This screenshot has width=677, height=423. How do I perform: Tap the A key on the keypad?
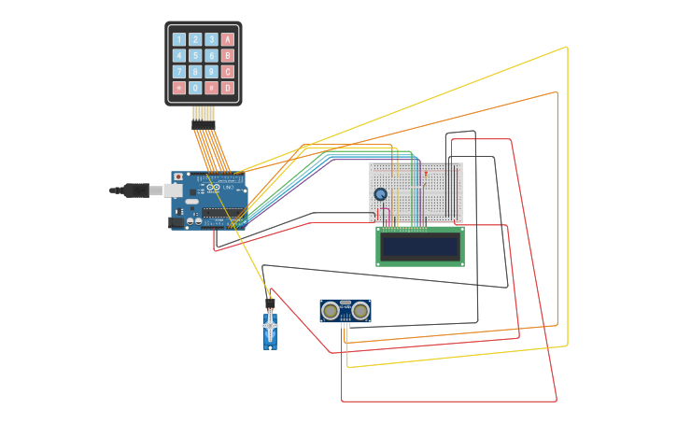coord(228,39)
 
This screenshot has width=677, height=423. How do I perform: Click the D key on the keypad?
coord(228,88)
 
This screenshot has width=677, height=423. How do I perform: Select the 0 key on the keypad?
coord(195,88)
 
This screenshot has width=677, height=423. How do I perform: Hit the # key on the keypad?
coord(212,88)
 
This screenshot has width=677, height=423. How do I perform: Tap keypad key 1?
coord(179,39)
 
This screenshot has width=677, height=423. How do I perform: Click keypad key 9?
coord(212,72)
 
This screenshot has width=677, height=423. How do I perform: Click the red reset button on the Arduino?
coord(178,176)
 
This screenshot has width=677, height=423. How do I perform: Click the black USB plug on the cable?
coord(137,190)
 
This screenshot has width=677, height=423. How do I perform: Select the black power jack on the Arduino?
coord(176,222)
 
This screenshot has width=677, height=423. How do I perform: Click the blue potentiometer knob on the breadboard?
coord(381,194)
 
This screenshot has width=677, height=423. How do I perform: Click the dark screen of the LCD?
coord(419,246)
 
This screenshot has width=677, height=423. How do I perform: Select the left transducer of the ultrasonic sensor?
coord(331,310)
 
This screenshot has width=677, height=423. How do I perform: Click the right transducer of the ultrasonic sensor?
coord(360,310)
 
